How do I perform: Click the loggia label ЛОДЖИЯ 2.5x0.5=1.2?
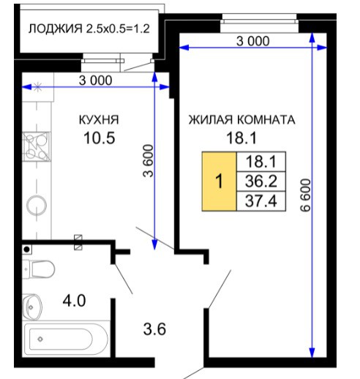[89, 29]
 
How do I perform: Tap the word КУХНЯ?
[99, 120]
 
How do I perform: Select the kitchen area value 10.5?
[99, 138]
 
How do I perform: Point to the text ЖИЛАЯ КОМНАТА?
[241, 120]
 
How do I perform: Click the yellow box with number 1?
[220, 181]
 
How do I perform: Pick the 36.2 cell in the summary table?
[261, 181]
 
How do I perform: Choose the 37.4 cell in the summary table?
[261, 201]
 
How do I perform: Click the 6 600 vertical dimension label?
[306, 195]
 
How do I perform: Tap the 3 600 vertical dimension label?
[148, 161]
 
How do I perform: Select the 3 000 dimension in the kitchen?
[96, 80]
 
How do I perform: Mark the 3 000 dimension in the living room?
[253, 41]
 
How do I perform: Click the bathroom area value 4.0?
[74, 301]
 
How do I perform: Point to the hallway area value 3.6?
[154, 329]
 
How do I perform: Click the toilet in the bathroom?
[38, 269]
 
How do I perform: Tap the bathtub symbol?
[65, 339]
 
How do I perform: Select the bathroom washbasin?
[32, 307]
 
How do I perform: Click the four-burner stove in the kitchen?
[37, 146]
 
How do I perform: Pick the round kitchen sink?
[37, 206]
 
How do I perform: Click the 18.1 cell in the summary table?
[261, 162]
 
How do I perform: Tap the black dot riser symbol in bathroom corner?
[27, 249]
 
